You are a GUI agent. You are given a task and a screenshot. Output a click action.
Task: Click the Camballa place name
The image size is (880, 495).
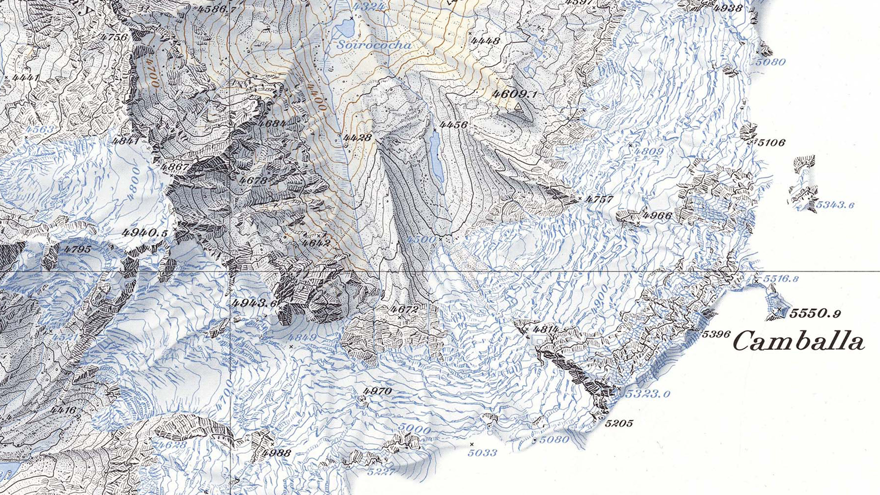(799, 341)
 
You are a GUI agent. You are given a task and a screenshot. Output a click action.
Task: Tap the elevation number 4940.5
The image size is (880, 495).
(145, 233)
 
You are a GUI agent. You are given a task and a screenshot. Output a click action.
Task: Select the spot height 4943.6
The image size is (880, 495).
(254, 303)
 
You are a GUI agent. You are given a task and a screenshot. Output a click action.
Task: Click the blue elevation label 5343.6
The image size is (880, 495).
(835, 205)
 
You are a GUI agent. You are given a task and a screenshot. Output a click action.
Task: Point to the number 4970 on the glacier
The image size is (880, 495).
(378, 391)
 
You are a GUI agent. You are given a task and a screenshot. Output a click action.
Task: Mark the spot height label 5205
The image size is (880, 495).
(619, 424)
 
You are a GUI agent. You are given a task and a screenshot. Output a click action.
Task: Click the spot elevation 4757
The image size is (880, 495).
(599, 199)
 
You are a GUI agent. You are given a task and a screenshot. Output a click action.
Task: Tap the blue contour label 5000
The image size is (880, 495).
(414, 428)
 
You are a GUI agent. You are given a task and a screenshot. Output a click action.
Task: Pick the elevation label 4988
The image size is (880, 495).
(277, 453)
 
